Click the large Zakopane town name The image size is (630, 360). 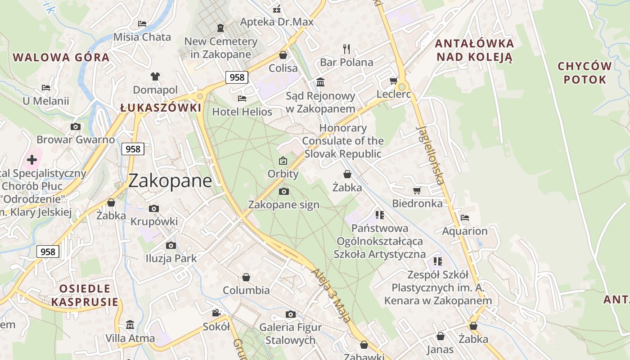click(170, 181)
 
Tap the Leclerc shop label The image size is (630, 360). click(394, 94)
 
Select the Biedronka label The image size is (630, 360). click(417, 203)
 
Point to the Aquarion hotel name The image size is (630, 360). click(465, 231)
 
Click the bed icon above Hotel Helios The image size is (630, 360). click(242, 98)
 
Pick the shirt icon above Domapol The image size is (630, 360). click(155, 76)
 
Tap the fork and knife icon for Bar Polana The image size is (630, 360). click(346, 49)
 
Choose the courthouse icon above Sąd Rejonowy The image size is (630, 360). click(320, 82)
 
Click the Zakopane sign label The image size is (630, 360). click(284, 205)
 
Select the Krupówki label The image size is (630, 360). click(154, 221)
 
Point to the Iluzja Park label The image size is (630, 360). click(171, 258)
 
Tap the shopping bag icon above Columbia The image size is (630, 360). click(246, 277)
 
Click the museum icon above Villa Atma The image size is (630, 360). click(130, 324)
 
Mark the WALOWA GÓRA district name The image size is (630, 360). click(61, 58)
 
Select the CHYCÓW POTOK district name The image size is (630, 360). click(585, 73)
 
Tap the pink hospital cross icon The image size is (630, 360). click(32, 159)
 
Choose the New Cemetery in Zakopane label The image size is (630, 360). click(220, 48)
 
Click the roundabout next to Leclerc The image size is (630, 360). click(402, 86)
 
